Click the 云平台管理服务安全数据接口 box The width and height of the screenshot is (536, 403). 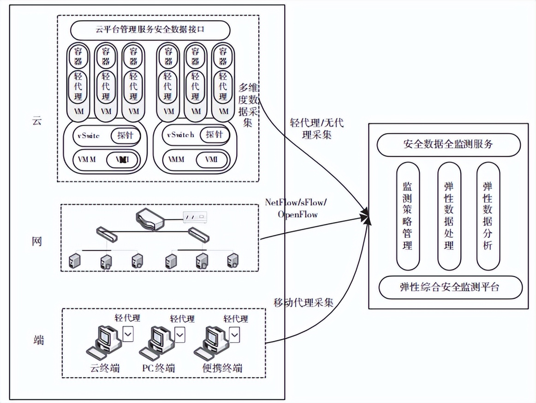pyautogui.click(x=150, y=31)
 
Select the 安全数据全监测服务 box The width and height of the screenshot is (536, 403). pyautogui.click(x=448, y=144)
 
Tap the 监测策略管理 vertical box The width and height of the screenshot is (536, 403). pyautogui.click(x=407, y=215)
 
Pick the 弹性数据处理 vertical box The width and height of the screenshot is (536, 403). pyautogui.click(x=448, y=215)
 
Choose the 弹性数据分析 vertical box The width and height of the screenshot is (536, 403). pyautogui.click(x=488, y=215)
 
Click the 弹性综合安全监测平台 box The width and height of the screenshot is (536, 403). pyautogui.click(x=450, y=287)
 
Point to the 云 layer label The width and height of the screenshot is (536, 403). pyautogui.click(x=36, y=121)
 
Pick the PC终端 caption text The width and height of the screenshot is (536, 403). pyautogui.click(x=158, y=368)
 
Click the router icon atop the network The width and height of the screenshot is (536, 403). pyautogui.click(x=150, y=218)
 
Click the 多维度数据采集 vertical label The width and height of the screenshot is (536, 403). pyautogui.click(x=249, y=105)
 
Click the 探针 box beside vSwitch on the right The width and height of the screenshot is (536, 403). pyautogui.click(x=214, y=135)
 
